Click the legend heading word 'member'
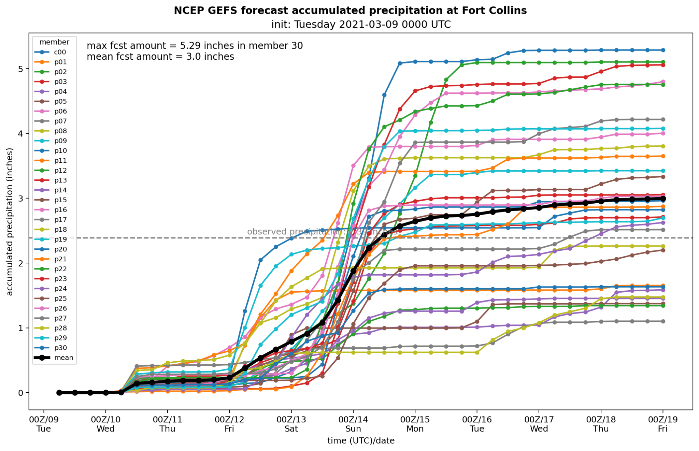click(54, 42)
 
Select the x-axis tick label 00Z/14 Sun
click(353, 424)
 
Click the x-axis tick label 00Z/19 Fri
click(662, 424)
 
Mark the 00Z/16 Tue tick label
click(477, 424)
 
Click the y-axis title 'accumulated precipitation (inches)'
click(10, 222)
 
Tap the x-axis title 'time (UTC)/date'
click(361, 441)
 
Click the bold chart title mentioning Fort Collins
click(350, 11)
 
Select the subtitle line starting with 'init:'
click(361, 25)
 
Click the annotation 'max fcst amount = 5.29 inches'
click(195, 46)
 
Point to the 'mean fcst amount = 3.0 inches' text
click(160, 57)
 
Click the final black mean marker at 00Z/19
click(663, 199)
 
